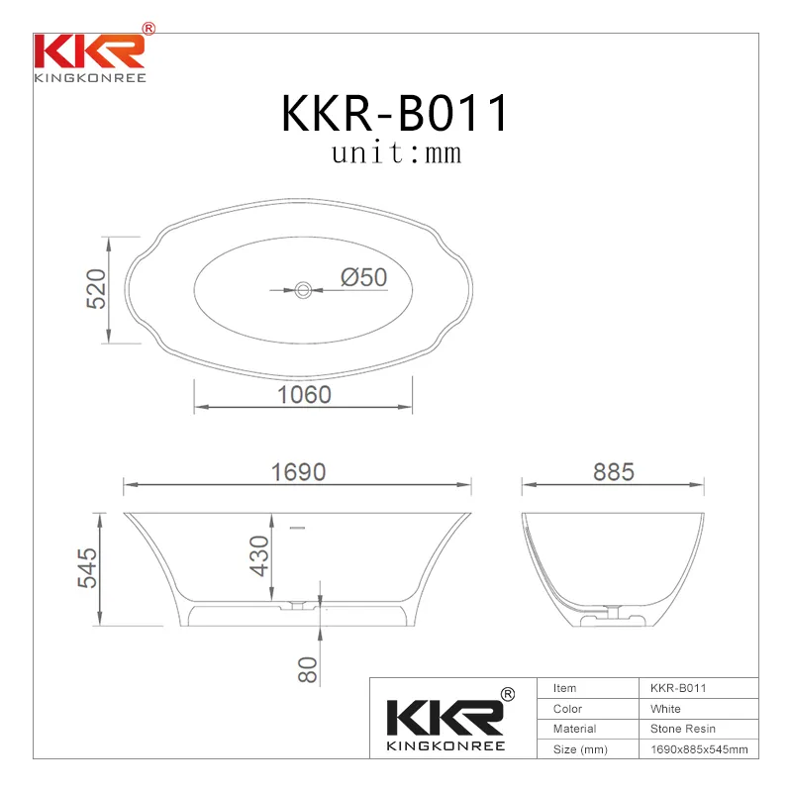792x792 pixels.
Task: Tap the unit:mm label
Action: pyautogui.click(x=396, y=153)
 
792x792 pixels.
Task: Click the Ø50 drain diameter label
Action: pyautogui.click(x=363, y=278)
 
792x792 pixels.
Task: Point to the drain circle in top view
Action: pyautogui.click(x=303, y=290)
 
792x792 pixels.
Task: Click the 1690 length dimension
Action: pyautogui.click(x=298, y=472)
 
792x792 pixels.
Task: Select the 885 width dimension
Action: pyautogui.click(x=613, y=472)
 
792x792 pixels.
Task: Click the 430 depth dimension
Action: pyautogui.click(x=259, y=555)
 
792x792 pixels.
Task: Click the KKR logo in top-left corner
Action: pyautogui.click(x=91, y=55)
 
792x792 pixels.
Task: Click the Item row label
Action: pyautogui.click(x=564, y=688)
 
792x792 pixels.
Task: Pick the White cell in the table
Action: pyautogui.click(x=665, y=709)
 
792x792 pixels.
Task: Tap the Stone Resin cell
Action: pyautogui.click(x=682, y=729)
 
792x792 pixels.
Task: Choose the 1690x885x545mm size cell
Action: pyautogui.click(x=698, y=749)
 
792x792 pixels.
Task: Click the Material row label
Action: pyautogui.click(x=574, y=729)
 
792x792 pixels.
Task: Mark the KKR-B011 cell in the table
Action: pyautogui.click(x=677, y=688)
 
